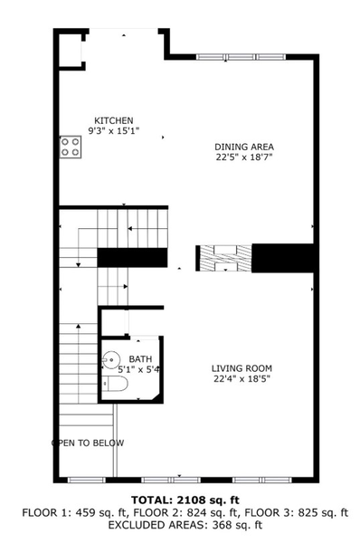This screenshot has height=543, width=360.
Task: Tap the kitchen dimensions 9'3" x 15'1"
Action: [x=113, y=131]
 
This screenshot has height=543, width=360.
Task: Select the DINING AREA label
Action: [x=243, y=147]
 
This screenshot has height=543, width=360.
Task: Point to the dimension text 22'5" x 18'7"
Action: [x=243, y=157]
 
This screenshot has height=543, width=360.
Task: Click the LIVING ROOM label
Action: [x=242, y=368]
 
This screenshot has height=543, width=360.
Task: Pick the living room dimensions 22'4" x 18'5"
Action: [x=242, y=379]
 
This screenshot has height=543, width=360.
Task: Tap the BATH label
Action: [x=140, y=359]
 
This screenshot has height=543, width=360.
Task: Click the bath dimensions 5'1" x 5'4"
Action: [x=139, y=369]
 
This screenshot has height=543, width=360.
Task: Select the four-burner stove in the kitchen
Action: [x=70, y=147]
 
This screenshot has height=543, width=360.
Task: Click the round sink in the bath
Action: [x=111, y=360]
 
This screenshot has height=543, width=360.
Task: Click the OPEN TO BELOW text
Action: [x=88, y=443]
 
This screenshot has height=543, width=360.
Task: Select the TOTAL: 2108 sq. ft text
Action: [x=185, y=500]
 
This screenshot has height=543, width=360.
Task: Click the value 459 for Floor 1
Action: [x=84, y=512]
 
